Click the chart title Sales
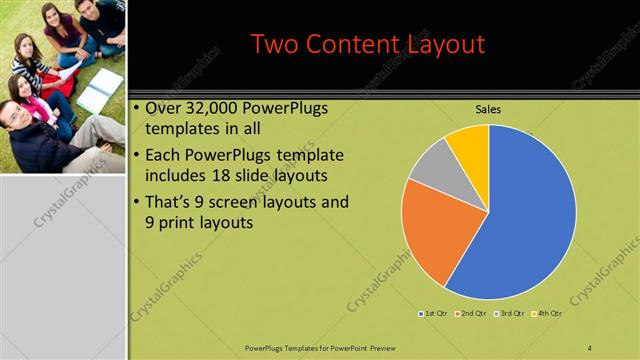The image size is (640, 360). point(488,109)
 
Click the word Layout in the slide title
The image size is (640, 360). point(440,45)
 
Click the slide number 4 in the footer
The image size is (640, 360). point(590,347)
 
